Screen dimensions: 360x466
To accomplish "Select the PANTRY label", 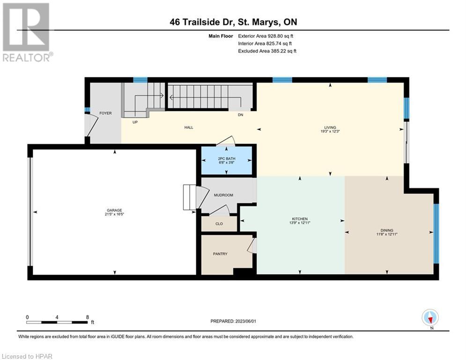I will click(220, 254).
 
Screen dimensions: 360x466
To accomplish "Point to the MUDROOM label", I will click(223, 195).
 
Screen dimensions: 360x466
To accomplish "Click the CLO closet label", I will click(219, 224).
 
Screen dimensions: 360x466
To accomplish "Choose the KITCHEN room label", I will click(300, 219).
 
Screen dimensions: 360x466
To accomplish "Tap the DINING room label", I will click(386, 230).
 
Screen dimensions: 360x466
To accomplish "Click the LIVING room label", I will click(331, 127).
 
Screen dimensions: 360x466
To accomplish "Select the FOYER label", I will click(105, 113).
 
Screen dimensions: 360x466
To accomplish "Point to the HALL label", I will click(188, 127).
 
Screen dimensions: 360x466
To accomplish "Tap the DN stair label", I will click(240, 114).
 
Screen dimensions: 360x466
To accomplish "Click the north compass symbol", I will click(429, 318).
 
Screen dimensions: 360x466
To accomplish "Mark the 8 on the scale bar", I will click(87, 317).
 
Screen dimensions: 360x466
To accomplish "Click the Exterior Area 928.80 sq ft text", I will click(266, 36).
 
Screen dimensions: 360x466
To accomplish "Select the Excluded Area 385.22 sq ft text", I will click(267, 51).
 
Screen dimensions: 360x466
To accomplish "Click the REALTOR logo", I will click(27, 32).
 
